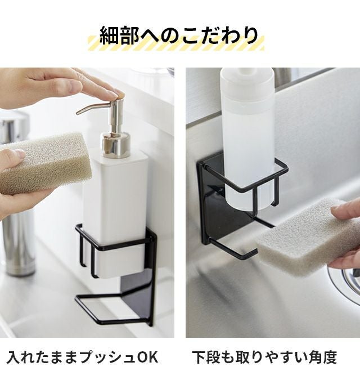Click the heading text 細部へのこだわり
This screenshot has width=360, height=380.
(179, 36)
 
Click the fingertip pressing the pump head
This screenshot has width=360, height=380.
(119, 94)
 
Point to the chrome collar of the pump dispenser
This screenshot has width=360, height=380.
(116, 145)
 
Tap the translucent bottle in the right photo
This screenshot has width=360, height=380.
(247, 138)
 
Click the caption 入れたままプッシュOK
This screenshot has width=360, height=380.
(82, 357)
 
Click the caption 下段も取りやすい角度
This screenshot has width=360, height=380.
(264, 357)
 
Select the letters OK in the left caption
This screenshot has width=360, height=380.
(148, 357)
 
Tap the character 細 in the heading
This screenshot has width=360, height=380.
(110, 36)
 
